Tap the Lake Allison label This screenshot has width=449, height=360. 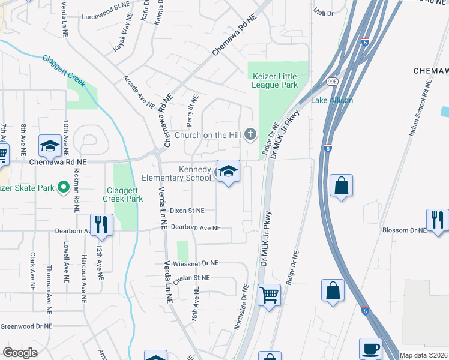coord(332,100)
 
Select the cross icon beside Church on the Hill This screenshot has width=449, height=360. coord(250,134)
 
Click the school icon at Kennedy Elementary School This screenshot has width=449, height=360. coord(228,172)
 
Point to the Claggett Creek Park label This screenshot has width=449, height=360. coord(122,194)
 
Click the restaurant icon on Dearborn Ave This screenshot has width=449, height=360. coord(101,225)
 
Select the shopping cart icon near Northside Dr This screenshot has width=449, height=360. coord(269,295)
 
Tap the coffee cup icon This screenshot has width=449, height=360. coord(370,349)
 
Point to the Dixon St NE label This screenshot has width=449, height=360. coord(187,211)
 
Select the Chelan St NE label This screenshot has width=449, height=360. coord(191,277)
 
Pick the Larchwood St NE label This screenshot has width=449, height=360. coord(106,17)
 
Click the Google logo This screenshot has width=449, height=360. coord(20,352)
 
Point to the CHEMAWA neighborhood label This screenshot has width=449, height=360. coord(431,71)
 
